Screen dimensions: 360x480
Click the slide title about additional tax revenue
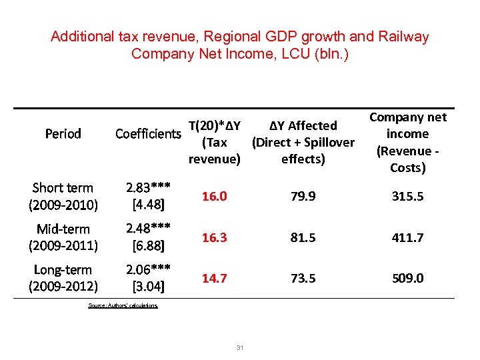(239, 45)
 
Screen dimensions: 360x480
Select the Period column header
(63, 134)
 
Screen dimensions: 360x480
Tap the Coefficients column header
(147, 134)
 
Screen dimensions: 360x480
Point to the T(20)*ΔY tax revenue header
(214, 142)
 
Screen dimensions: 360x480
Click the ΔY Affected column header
(303, 142)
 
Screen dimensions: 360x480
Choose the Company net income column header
(407, 142)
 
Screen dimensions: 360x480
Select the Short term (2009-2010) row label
(63, 196)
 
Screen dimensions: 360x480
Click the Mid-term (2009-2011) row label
(63, 237)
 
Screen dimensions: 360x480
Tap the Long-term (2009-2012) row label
(63, 278)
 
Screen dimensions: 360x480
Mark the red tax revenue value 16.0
(214, 197)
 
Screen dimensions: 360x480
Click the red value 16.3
(214, 237)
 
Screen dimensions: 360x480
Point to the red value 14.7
(214, 278)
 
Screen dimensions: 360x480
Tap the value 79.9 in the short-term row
(303, 197)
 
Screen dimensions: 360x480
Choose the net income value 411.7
(407, 237)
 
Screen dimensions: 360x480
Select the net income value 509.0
(407, 278)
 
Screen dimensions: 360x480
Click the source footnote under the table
(123, 305)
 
